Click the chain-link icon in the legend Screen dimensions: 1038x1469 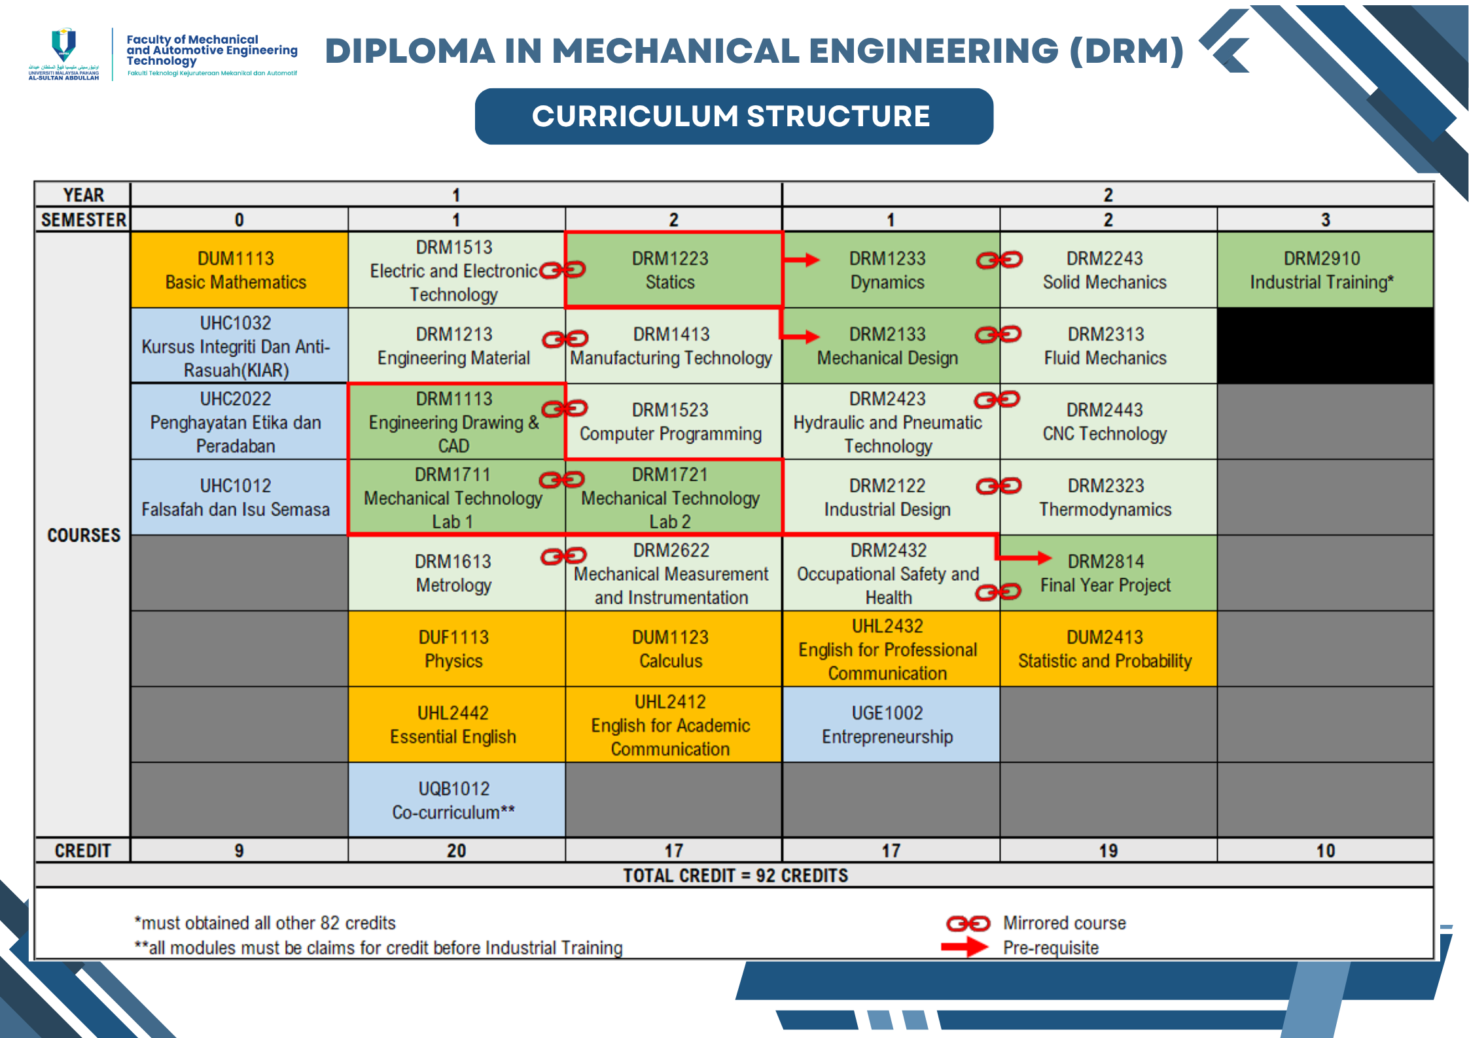(968, 924)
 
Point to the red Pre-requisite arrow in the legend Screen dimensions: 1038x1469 (965, 947)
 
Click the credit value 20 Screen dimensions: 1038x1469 (456, 851)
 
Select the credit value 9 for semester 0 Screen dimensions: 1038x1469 (239, 851)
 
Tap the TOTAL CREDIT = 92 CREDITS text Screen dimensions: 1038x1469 (735, 876)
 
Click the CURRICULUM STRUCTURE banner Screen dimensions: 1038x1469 (734, 116)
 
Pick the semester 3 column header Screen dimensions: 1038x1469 (1324, 220)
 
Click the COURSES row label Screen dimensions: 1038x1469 (84, 535)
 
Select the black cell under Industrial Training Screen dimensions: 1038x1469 (1324, 346)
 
